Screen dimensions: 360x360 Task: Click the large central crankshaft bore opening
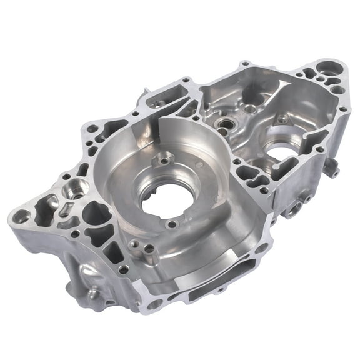(x=164, y=202)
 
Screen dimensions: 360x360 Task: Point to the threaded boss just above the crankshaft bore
(x=164, y=161)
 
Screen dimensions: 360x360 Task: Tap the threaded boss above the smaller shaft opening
(x=283, y=117)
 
